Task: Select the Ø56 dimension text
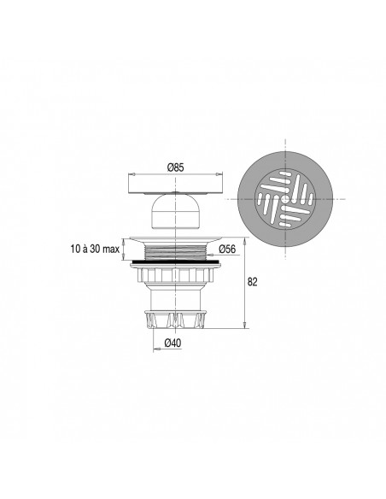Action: (227, 249)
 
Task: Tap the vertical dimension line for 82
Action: (245, 282)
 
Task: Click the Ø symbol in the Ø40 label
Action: (167, 343)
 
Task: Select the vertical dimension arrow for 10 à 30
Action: (125, 249)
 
